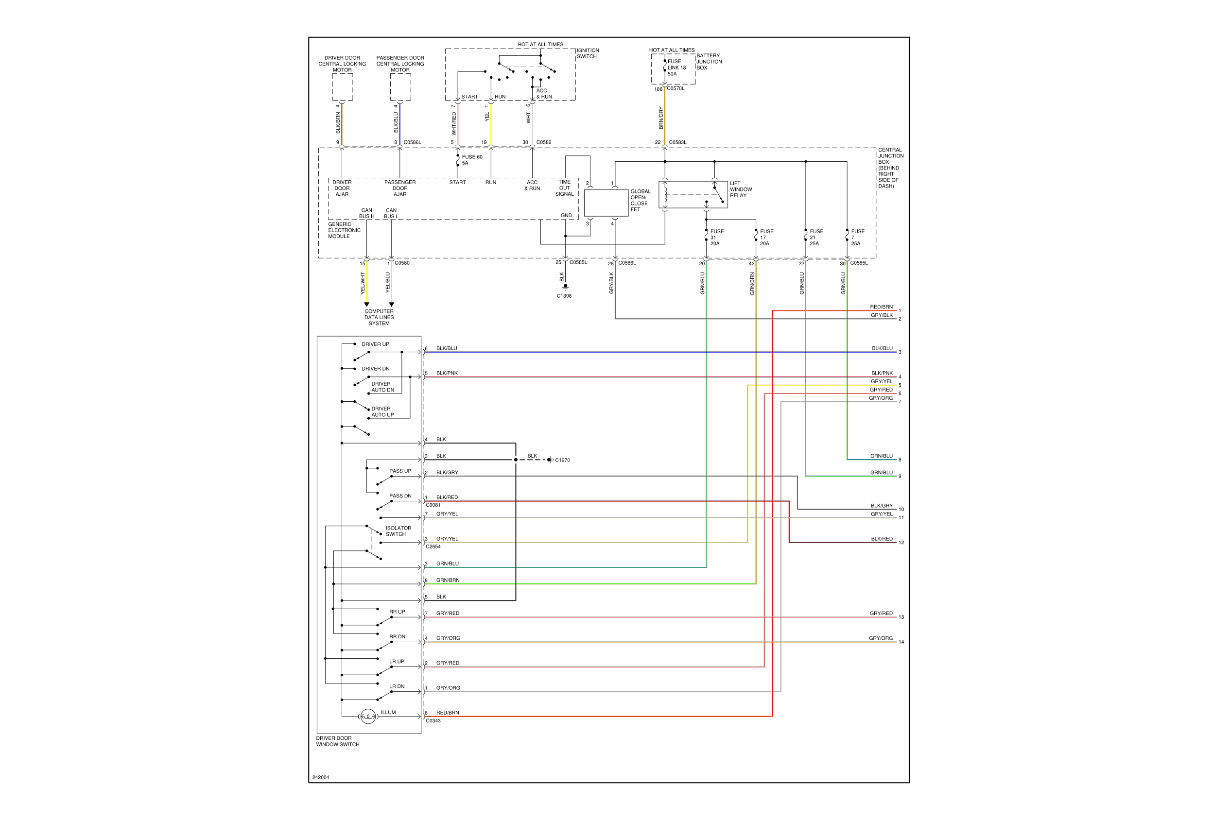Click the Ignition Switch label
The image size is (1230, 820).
pos(588,53)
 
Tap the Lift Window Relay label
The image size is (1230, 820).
pos(740,189)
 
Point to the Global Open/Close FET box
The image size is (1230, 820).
pos(606,203)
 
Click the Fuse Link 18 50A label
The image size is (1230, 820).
pos(676,68)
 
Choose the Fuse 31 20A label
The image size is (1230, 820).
pos(716,238)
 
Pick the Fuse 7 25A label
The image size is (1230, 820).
pos(857,238)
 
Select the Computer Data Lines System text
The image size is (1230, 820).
pos(379,317)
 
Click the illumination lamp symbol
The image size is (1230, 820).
pos(368,716)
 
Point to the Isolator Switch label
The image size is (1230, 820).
pos(398,531)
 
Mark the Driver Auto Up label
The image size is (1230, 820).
pos(382,412)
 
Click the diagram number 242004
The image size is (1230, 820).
pos(321,778)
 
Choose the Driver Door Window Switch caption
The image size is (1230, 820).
pos(337,742)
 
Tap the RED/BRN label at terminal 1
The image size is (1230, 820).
pos(881,307)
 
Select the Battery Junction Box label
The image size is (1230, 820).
pos(709,62)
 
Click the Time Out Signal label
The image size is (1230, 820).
pos(564,188)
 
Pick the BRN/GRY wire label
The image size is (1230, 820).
pos(661,118)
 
